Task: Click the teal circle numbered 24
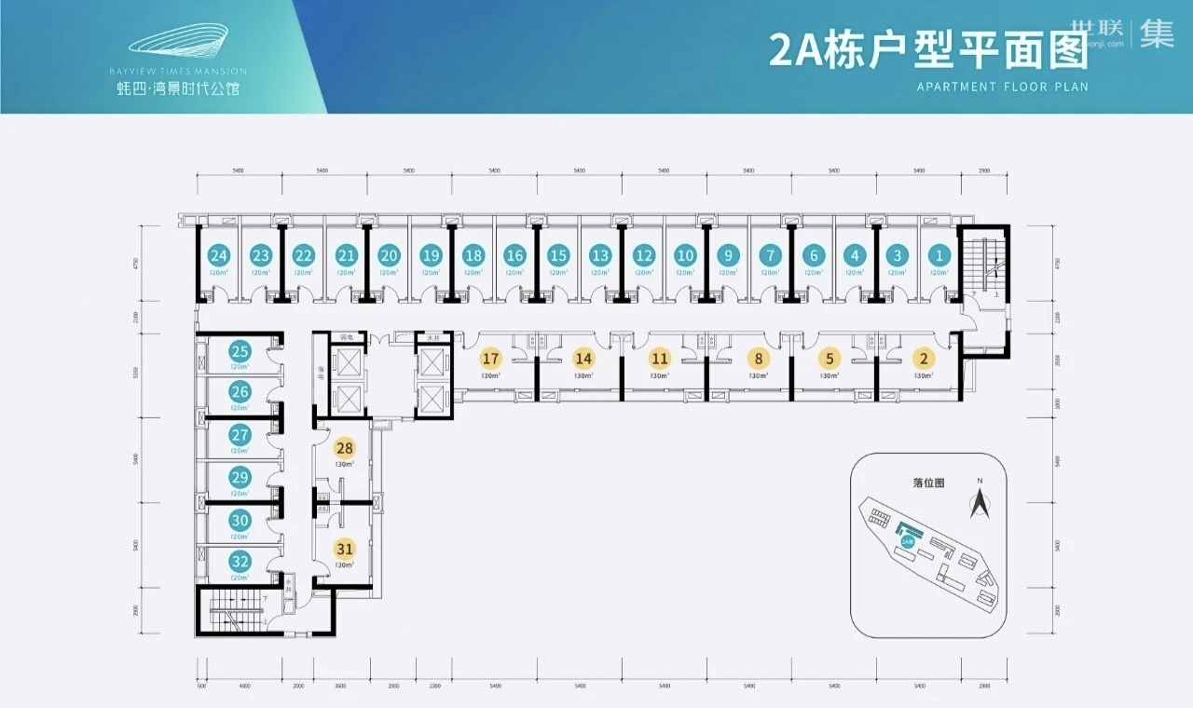click(219, 255)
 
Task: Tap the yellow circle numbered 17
click(491, 358)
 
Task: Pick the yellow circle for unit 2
click(924, 358)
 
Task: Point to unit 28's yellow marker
click(345, 448)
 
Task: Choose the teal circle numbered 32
click(240, 561)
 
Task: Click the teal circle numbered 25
click(240, 351)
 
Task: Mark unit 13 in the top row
click(600, 255)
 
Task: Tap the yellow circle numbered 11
click(660, 358)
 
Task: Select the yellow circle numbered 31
click(345, 549)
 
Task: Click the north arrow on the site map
click(980, 503)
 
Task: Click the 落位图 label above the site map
click(929, 483)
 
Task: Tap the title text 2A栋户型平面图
click(928, 51)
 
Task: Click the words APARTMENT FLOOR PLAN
click(1002, 87)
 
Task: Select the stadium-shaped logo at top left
click(177, 44)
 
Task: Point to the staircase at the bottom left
click(238, 613)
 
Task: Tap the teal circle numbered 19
click(431, 255)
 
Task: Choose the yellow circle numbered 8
click(760, 358)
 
